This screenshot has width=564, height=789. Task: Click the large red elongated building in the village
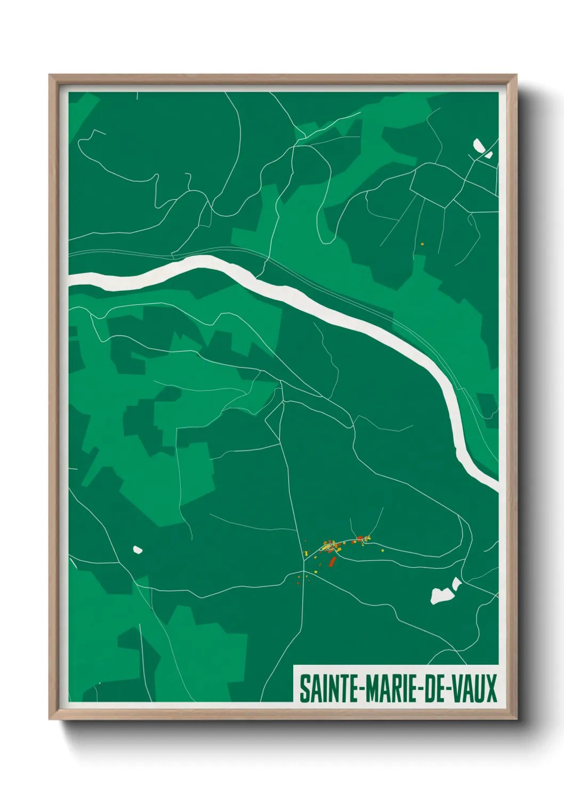click(x=332, y=561)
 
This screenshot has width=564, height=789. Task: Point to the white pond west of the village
click(x=137, y=549)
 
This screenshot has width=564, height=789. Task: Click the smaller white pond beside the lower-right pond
click(x=456, y=583)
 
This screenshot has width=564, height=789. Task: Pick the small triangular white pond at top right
click(x=488, y=155)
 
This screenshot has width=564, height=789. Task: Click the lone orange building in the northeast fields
click(x=422, y=244)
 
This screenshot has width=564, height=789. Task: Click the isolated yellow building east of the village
click(x=382, y=550)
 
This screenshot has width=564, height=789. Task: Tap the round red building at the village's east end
click(x=360, y=537)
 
